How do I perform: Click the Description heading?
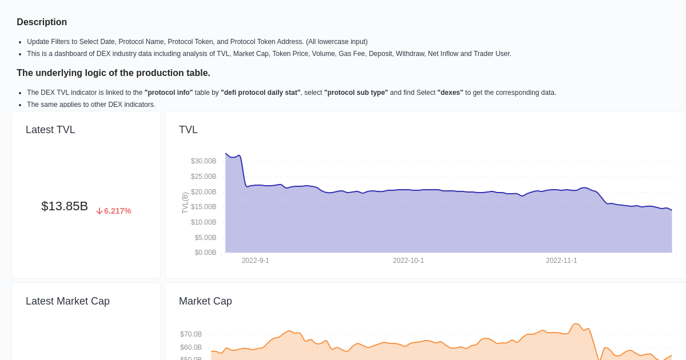coord(42,22)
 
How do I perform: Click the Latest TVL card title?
coord(50,130)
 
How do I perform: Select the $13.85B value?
coord(65,206)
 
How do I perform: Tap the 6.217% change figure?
coord(118,211)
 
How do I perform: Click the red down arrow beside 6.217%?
coord(99,211)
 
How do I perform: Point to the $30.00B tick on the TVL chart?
coord(204,161)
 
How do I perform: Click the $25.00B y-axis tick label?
coord(204,177)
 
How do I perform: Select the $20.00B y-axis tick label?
coord(204,192)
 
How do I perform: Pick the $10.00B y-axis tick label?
coord(204,222)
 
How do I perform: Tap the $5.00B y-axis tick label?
coord(205,238)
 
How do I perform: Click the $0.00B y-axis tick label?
coord(205,253)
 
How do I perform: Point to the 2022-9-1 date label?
coord(255,261)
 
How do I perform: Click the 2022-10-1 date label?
coord(408,261)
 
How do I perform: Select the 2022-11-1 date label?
coord(561,261)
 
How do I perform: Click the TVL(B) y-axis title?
coord(185,203)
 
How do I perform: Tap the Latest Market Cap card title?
coord(67,301)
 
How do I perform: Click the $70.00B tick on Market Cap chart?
coord(191,334)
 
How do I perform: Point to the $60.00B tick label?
coord(191,347)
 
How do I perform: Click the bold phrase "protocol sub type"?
coord(356,93)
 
